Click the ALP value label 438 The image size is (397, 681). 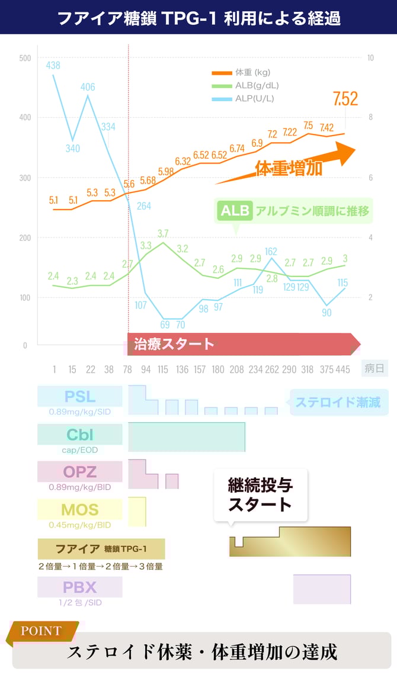(53, 66)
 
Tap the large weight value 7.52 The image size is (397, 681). (345, 99)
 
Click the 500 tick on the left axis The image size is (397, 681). (24, 58)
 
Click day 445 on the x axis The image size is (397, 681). (342, 370)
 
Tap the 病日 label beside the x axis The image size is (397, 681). (374, 368)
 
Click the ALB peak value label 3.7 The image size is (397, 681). (163, 233)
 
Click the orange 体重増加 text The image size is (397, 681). (289, 168)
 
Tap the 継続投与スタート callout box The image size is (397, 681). (261, 495)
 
